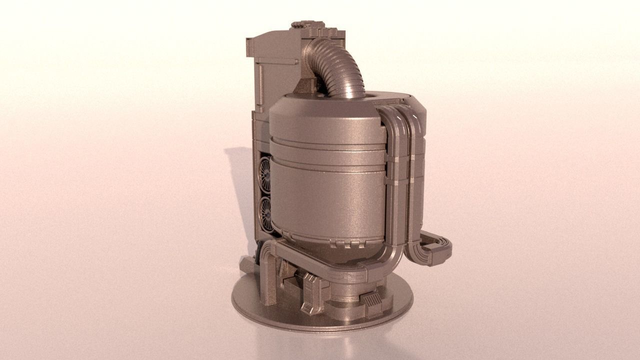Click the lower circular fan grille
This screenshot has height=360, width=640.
(265, 214)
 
